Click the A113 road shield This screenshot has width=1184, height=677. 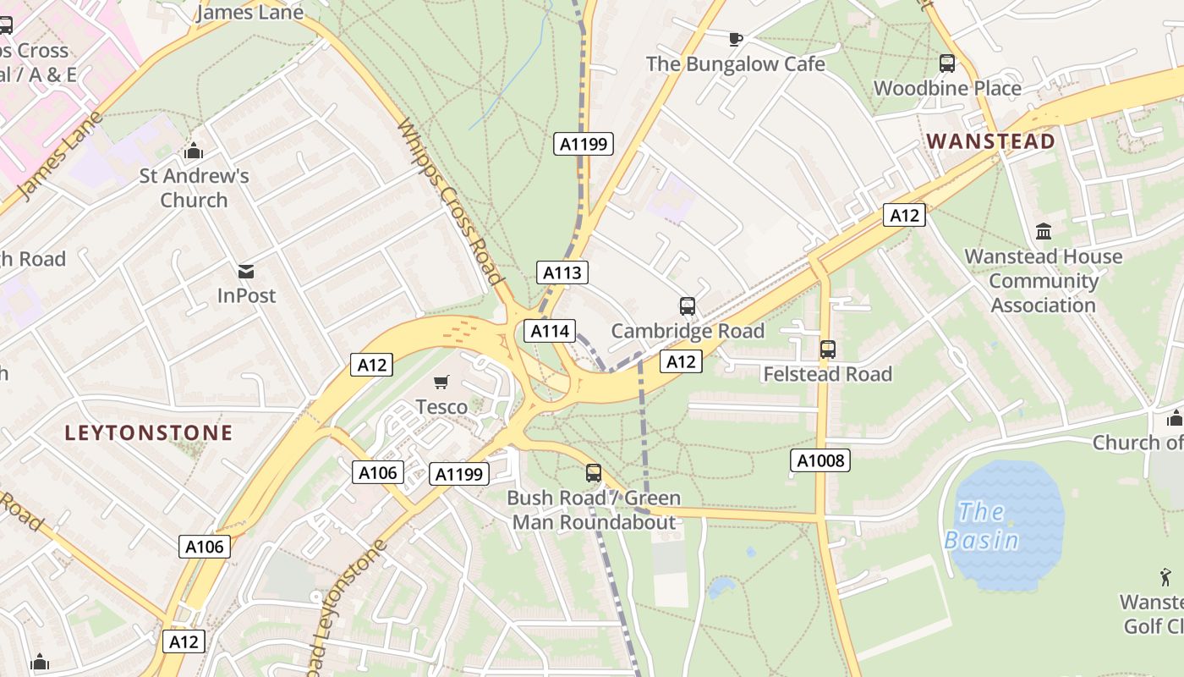point(562,272)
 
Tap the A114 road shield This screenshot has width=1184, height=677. point(550,331)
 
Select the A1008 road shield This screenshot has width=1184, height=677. point(819,460)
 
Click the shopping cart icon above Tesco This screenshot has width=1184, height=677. point(441,383)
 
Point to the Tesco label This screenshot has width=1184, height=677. point(441,407)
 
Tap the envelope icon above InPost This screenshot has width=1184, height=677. point(246,272)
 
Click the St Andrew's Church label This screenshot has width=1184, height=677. point(195,188)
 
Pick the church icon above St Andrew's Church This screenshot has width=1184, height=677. point(194,151)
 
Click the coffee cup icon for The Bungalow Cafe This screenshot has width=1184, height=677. point(735,39)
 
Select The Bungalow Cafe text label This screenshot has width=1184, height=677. point(735,63)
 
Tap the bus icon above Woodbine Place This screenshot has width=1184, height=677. point(947,63)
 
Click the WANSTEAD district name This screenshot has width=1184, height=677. point(991,141)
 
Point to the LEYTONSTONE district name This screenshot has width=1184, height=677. point(149,433)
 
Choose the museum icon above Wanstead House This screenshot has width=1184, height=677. point(1044,231)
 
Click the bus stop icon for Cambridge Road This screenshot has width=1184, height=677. point(688,306)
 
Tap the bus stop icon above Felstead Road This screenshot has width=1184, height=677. point(828,349)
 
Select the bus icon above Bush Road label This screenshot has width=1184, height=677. point(594,473)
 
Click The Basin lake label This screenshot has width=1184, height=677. point(982,526)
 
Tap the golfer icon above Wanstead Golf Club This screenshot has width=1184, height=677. point(1166,578)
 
